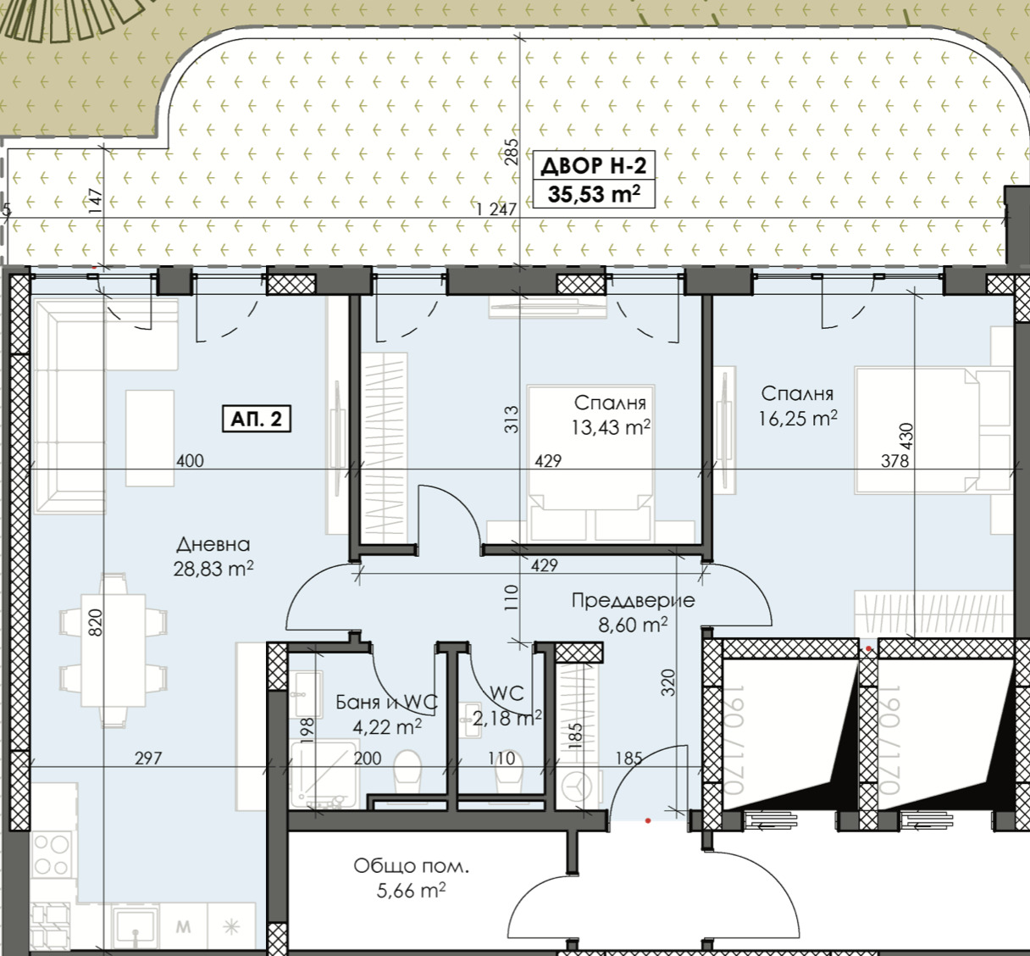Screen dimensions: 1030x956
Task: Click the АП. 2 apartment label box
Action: [x=257, y=419]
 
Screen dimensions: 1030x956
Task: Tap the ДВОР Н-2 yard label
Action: [x=594, y=166]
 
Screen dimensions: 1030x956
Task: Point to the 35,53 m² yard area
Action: [x=594, y=194]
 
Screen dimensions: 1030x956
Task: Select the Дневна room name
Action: [x=213, y=544]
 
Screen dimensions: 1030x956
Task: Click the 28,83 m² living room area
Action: [x=213, y=569]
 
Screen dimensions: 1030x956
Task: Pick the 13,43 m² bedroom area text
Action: [x=611, y=427]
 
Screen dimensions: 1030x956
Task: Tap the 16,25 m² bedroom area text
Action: [x=798, y=418]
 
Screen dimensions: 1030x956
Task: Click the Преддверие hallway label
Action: [x=633, y=601]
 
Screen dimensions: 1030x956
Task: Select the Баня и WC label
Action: [x=386, y=703]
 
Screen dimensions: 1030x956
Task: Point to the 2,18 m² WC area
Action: [x=507, y=718]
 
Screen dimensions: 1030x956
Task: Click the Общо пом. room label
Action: [x=411, y=865]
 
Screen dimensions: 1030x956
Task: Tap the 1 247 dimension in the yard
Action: [x=496, y=209]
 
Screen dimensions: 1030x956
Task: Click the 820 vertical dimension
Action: [x=96, y=623]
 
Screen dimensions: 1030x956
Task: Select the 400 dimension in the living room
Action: [x=190, y=461]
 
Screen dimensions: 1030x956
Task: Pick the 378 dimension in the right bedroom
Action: [x=894, y=461]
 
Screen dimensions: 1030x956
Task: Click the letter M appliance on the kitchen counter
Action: [x=183, y=927]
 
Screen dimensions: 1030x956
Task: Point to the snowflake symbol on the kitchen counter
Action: [x=230, y=927]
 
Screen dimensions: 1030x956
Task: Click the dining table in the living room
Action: [x=113, y=651]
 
